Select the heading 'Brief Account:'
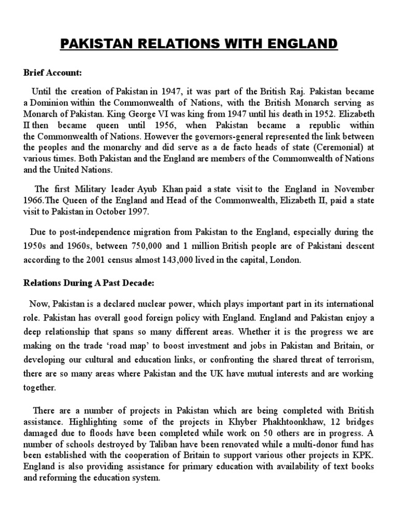[52, 72]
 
